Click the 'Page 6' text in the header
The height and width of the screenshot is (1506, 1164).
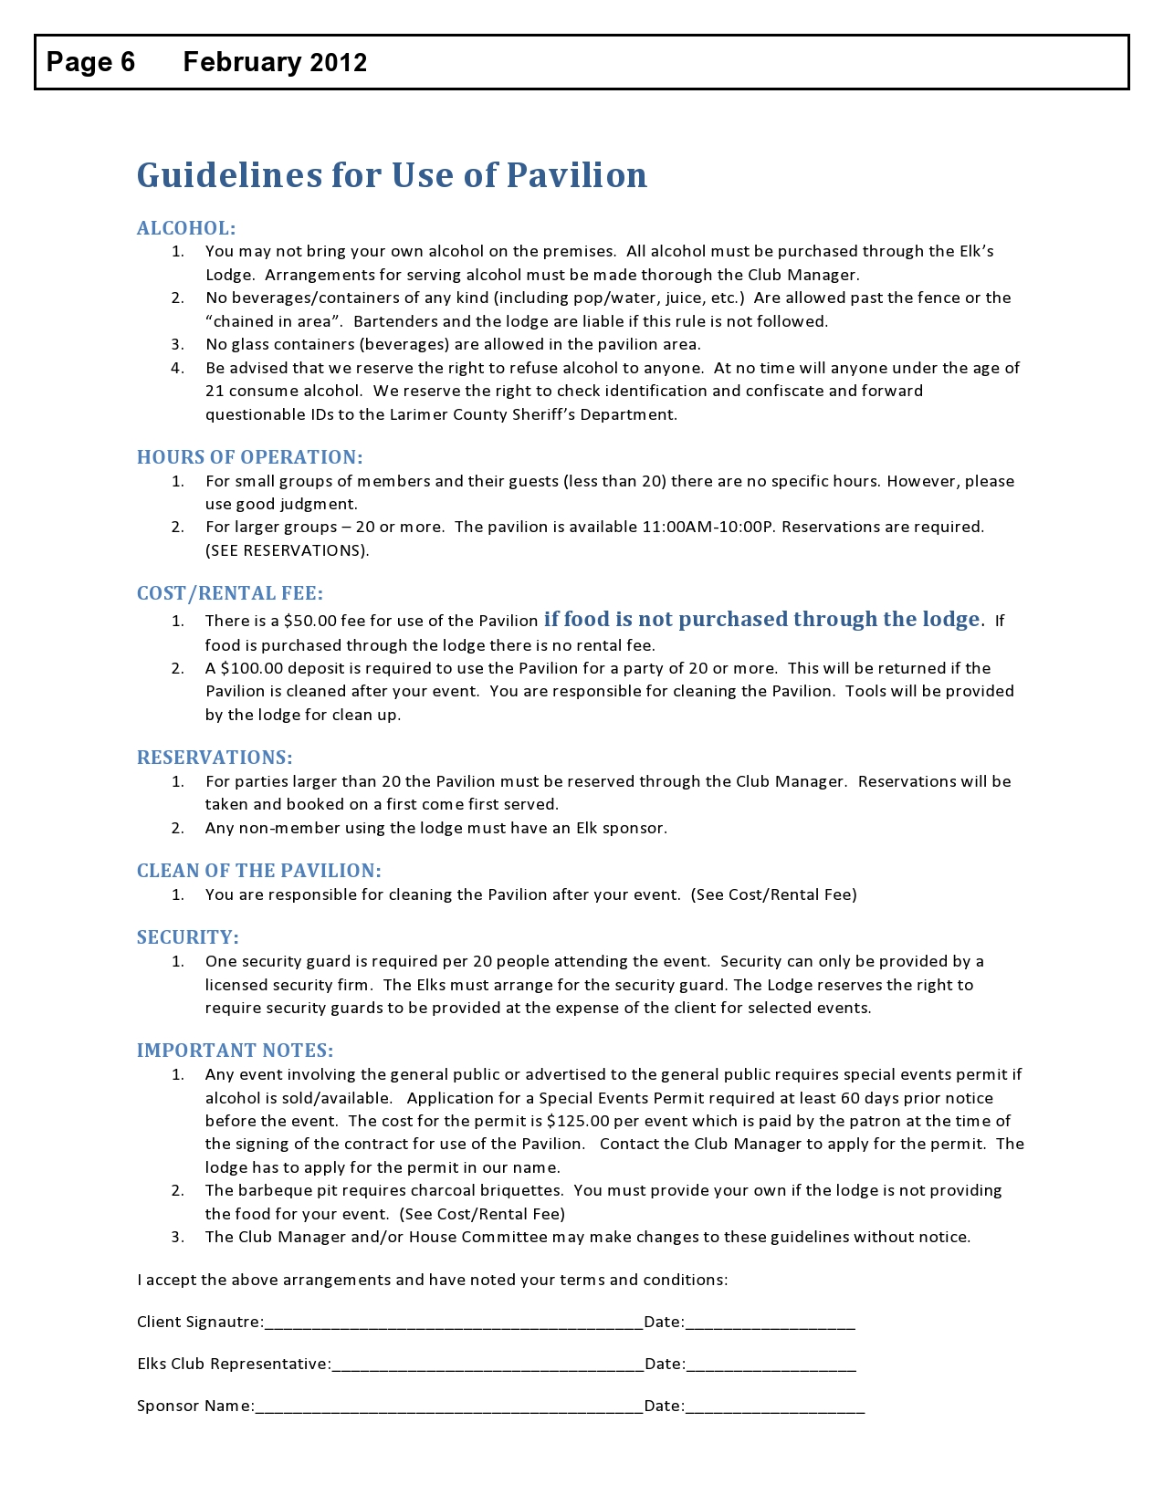pyautogui.click(x=90, y=62)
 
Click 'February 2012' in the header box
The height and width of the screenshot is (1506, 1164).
pyautogui.click(x=275, y=62)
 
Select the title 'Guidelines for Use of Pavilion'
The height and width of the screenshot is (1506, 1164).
pyautogui.click(x=392, y=175)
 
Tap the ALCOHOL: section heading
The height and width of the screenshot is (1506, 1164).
pyautogui.click(x=186, y=228)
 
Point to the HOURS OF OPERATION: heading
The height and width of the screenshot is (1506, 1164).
pyautogui.click(x=249, y=457)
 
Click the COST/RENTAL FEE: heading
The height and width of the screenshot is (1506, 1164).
pyautogui.click(x=230, y=593)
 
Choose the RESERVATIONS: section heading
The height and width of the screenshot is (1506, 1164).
pyautogui.click(x=215, y=758)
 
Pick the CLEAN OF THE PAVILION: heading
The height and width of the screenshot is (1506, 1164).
pyautogui.click(x=259, y=871)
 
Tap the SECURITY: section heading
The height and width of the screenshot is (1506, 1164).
pyautogui.click(x=188, y=937)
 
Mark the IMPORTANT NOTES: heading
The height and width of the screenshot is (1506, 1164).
pyautogui.click(x=236, y=1051)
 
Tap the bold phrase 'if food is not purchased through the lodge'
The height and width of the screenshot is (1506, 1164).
pyautogui.click(x=761, y=620)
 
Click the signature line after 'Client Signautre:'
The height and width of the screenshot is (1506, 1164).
pyautogui.click(x=454, y=1323)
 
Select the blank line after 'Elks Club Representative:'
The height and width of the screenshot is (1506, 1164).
pyautogui.click(x=488, y=1365)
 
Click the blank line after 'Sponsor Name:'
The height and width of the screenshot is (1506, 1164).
pyautogui.click(x=449, y=1407)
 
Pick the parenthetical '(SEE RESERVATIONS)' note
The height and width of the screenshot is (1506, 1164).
pyautogui.click(x=287, y=550)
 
